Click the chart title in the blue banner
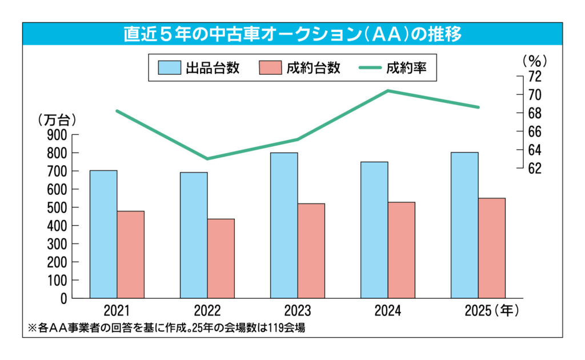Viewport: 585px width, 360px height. coord(292,34)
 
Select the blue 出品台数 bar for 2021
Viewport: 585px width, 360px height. coord(103,234)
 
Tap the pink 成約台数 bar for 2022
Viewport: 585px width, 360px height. coord(221,258)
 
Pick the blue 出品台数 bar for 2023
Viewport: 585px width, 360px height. coord(284,225)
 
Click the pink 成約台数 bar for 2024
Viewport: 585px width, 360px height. coord(401,250)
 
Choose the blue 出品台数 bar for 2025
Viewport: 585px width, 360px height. coord(464,225)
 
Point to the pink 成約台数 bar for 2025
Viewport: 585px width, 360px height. coord(491,248)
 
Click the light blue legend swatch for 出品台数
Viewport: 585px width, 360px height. coord(169,67)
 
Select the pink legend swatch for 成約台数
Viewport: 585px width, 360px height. coord(270,67)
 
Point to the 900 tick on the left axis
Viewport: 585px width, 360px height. coord(60,135)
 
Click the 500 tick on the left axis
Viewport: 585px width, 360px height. coord(60,207)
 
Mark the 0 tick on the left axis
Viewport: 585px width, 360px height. coord(64,298)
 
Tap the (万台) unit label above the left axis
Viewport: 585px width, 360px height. coord(57,120)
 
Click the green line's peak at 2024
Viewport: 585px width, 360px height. coord(388,90)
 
